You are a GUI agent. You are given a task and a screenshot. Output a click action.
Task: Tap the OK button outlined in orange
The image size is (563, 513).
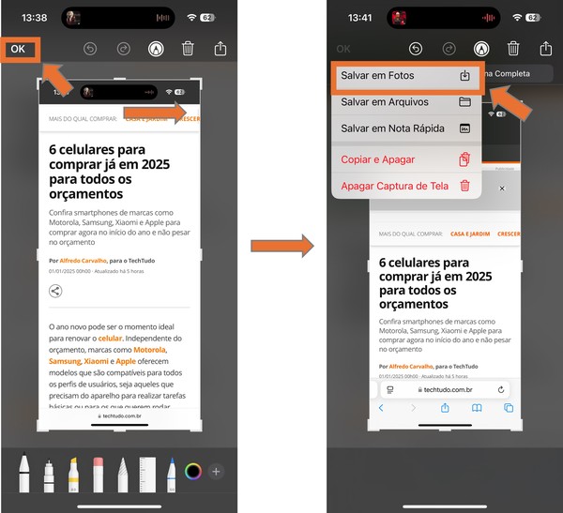point(19,49)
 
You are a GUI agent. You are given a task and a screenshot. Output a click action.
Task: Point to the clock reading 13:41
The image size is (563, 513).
point(359,18)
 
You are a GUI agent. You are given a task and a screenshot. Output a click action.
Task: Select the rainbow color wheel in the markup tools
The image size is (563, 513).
point(193,471)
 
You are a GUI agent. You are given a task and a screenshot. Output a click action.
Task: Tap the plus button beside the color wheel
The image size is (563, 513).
point(216,471)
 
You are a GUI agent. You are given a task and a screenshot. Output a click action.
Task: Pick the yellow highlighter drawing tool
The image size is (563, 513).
point(73,474)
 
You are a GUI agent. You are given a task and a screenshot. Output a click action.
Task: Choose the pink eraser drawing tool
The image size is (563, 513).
point(98,474)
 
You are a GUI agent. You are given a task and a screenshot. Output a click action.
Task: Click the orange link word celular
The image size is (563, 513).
point(110,338)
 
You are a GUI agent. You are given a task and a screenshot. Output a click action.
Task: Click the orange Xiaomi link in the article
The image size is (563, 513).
point(96,361)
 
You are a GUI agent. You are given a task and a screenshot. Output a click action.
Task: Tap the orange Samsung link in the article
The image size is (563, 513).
point(65,361)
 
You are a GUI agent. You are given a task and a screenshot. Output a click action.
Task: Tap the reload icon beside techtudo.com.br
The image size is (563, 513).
point(502,389)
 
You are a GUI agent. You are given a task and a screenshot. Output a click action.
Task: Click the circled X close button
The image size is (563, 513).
point(502,189)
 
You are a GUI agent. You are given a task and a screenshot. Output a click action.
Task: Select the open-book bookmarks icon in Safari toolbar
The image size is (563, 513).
point(477,408)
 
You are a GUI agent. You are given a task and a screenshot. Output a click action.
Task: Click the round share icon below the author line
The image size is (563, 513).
point(55,291)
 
